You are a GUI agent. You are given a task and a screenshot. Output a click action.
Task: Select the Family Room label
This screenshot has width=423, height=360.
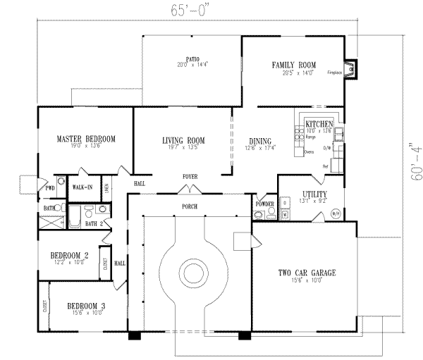293,65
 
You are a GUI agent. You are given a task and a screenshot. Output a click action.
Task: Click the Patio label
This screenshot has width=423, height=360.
192,58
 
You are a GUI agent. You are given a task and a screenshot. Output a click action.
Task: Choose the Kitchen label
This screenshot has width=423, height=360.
318,124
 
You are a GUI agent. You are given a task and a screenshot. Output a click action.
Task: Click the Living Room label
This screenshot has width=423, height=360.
183,139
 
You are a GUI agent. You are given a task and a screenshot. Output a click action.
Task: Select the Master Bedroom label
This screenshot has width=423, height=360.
86,139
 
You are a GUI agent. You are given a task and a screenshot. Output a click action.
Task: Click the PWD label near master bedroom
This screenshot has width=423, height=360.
50,188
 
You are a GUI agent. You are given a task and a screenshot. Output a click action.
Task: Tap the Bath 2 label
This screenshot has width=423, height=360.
94,223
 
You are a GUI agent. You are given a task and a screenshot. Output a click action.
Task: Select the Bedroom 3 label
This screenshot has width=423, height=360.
87,306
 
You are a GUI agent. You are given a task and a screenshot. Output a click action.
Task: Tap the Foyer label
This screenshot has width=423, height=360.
190,176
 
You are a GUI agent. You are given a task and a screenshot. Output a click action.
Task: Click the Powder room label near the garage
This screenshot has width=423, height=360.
265,203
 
